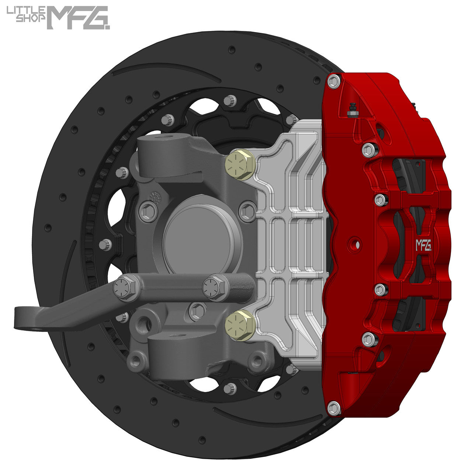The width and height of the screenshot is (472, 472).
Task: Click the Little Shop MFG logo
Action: coord(58,17)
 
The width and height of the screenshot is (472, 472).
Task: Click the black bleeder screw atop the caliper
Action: coord(352,108)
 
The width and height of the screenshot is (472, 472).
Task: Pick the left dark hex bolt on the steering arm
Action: coord(125,287)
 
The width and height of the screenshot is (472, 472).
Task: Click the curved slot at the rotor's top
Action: coord(166,70)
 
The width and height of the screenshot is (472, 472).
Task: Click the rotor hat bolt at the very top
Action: coord(230,100)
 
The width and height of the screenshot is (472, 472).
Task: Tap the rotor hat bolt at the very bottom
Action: coord(230,388)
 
